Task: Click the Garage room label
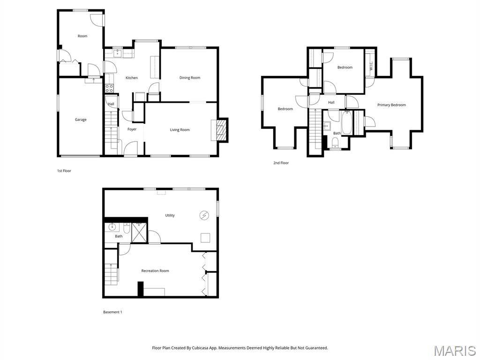coord(81,120)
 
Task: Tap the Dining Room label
coord(190,78)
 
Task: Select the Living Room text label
coord(180,130)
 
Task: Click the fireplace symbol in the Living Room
coord(221,129)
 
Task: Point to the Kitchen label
coord(132,78)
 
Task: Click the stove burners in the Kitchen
coord(109,88)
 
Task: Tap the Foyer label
coord(132,129)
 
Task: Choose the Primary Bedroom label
coord(391,105)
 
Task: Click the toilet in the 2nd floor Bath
coord(335,146)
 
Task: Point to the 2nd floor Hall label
coord(331,103)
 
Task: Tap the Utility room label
coord(170,216)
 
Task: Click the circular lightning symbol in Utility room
coord(204,215)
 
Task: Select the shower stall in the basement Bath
coord(139,232)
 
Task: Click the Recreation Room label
coord(155,271)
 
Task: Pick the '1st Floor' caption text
coord(64,171)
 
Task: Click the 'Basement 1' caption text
coord(112,312)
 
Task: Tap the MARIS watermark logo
coord(454,351)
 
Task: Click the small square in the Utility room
coord(205,238)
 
